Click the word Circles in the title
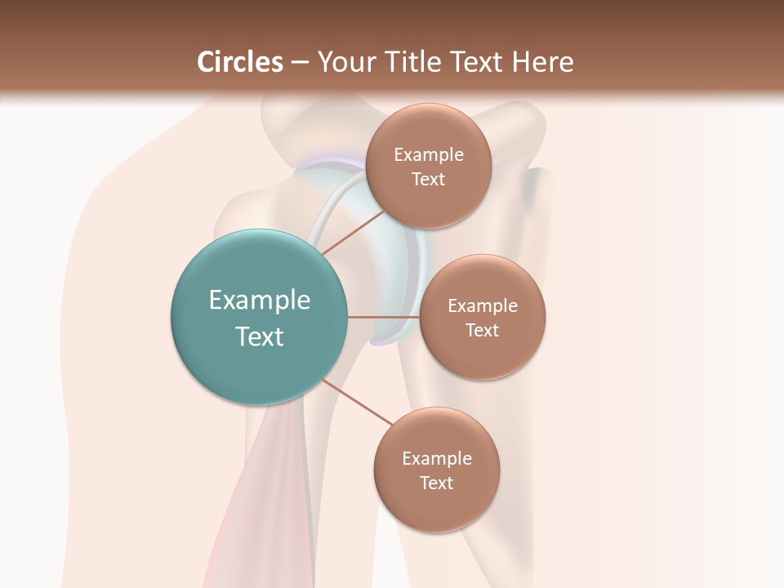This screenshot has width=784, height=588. click(x=240, y=62)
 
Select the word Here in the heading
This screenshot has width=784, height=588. click(x=542, y=62)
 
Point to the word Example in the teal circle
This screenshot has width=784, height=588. click(x=260, y=301)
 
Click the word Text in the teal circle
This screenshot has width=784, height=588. click(x=260, y=336)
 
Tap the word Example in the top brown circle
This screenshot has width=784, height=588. click(x=428, y=155)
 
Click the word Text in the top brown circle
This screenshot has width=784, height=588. click(x=428, y=180)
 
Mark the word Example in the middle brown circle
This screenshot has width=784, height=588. click(x=482, y=306)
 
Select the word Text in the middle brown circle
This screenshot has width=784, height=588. click(x=482, y=331)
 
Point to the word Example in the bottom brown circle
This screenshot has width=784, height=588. click(x=436, y=459)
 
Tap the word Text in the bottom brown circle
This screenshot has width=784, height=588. click(x=436, y=483)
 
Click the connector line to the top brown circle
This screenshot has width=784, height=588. click(x=353, y=232)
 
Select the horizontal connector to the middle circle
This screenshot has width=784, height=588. click(x=383, y=317)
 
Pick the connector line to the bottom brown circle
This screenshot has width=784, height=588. click(x=358, y=402)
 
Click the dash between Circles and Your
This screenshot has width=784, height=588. click(x=300, y=63)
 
